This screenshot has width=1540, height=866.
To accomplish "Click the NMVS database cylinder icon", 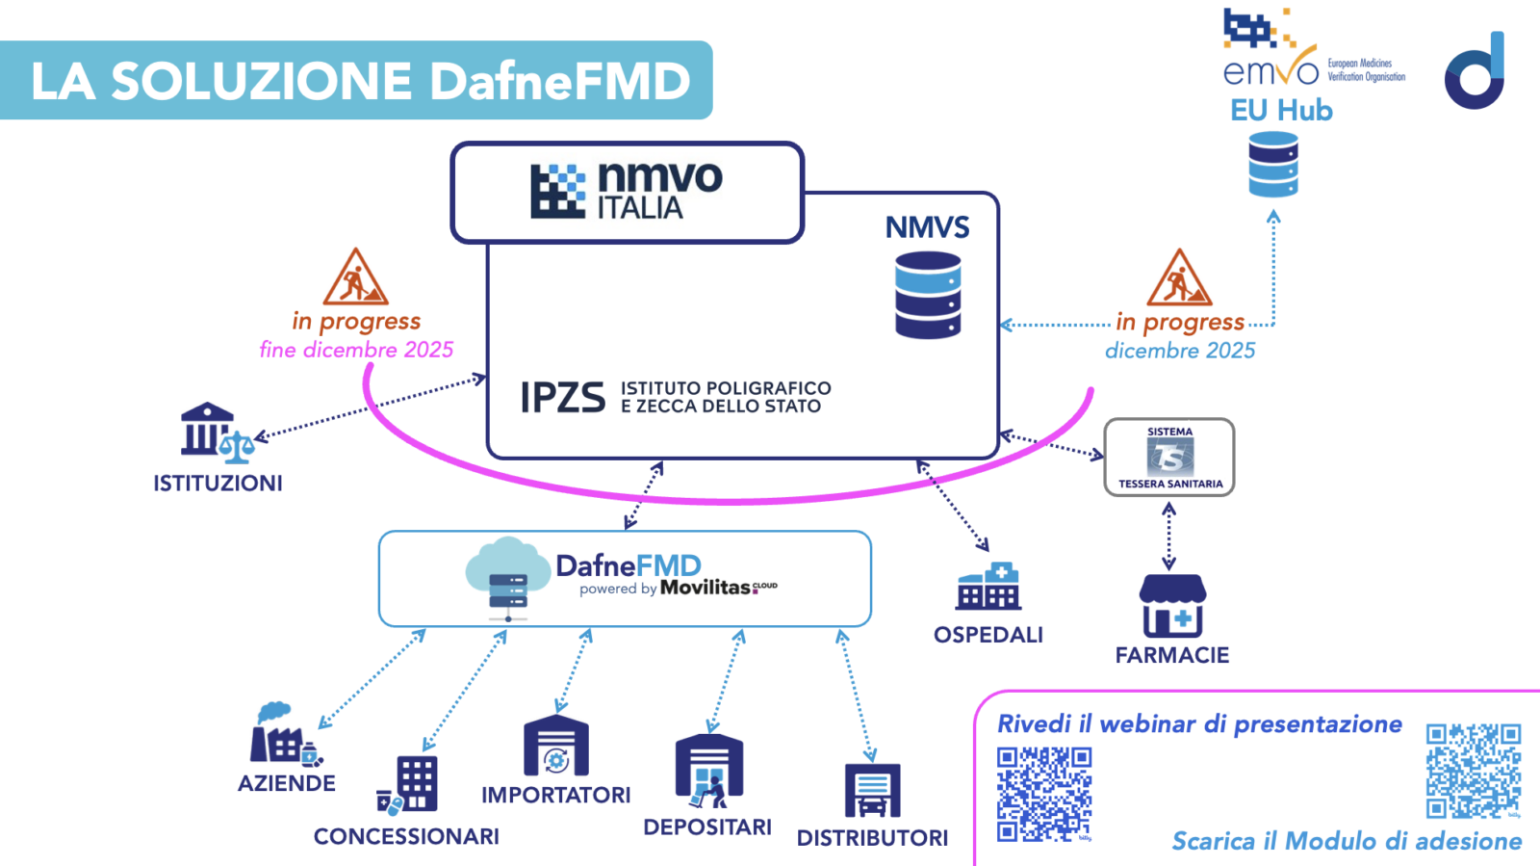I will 928,295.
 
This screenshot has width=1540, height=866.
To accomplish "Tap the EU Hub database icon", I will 1272,165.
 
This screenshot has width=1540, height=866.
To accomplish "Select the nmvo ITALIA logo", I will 627,191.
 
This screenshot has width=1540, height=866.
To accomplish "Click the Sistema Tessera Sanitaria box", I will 1168,458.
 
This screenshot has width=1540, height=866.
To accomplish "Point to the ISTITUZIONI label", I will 218,483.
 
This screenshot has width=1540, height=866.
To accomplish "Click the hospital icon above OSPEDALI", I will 988,587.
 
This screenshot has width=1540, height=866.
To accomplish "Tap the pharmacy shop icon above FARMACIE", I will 1171,606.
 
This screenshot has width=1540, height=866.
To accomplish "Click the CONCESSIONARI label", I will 406,836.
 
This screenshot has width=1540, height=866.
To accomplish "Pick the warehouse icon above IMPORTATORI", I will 555,747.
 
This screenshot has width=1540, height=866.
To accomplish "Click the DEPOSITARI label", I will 707,827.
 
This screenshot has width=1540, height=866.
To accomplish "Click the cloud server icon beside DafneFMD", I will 507,578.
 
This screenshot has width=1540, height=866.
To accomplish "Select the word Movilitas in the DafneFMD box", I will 706,588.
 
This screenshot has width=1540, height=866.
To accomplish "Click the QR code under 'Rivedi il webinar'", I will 1044,794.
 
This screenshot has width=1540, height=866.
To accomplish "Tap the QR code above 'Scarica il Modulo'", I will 1473,772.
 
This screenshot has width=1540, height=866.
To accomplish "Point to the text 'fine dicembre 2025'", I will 356,350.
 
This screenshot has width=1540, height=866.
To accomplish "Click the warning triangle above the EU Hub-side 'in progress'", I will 1179,278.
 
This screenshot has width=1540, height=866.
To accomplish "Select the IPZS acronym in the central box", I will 563,397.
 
